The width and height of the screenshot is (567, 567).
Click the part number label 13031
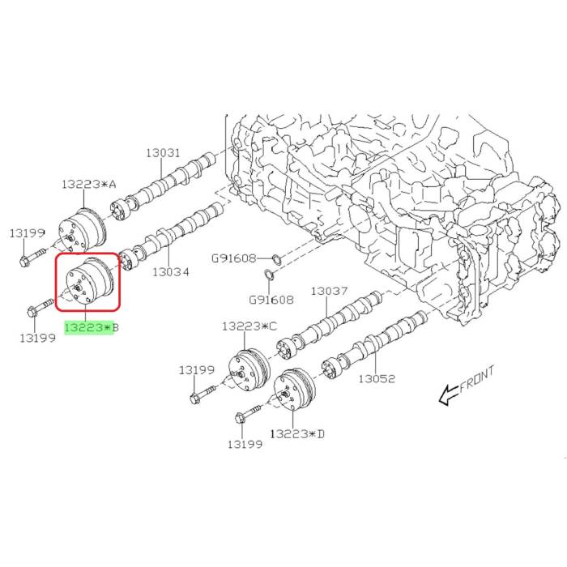(x=163, y=152)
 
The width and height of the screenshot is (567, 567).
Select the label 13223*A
(x=89, y=184)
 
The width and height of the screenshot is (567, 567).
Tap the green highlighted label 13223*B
(x=92, y=327)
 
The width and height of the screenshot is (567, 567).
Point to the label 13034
(x=171, y=272)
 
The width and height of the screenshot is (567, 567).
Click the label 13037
(x=330, y=291)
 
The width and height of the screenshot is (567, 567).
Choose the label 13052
(x=377, y=378)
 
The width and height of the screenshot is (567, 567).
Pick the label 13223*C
(x=249, y=326)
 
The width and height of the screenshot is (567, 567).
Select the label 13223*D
(x=297, y=433)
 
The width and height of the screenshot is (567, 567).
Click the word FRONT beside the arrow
(x=476, y=379)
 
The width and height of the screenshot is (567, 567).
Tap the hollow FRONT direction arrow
(x=449, y=394)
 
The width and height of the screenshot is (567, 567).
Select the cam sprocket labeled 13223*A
(x=83, y=230)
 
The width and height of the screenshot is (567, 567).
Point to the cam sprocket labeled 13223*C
(x=249, y=369)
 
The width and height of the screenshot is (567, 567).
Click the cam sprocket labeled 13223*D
(x=295, y=389)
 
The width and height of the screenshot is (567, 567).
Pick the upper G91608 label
(x=233, y=258)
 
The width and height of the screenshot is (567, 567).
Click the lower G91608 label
(x=271, y=300)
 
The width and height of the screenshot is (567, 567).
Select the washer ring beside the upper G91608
(x=277, y=259)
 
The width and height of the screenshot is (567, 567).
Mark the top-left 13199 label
(x=27, y=233)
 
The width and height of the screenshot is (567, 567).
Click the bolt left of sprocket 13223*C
(x=202, y=394)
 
